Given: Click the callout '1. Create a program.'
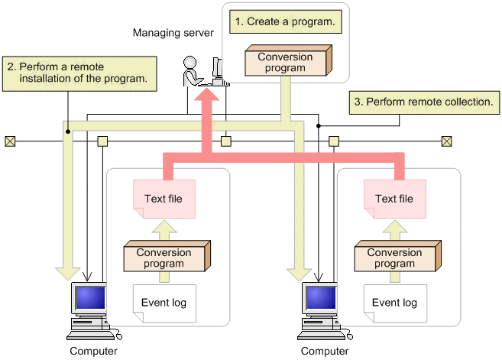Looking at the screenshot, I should pyautogui.click(x=284, y=22).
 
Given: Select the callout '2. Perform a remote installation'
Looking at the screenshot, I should pyautogui.click(x=79, y=71).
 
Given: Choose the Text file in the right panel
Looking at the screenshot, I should pyautogui.click(x=394, y=199).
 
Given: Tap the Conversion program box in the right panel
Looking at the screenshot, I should pyautogui.click(x=394, y=258).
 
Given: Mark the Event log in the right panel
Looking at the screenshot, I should pyautogui.click(x=394, y=303).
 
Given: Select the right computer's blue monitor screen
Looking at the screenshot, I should pyautogui.click(x=317, y=298).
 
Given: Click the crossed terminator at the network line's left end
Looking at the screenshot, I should pyautogui.click(x=10, y=141).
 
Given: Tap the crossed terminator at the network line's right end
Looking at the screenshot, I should pyautogui.click(x=447, y=141).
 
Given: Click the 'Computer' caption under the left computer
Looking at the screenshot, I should pyautogui.click(x=94, y=352).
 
